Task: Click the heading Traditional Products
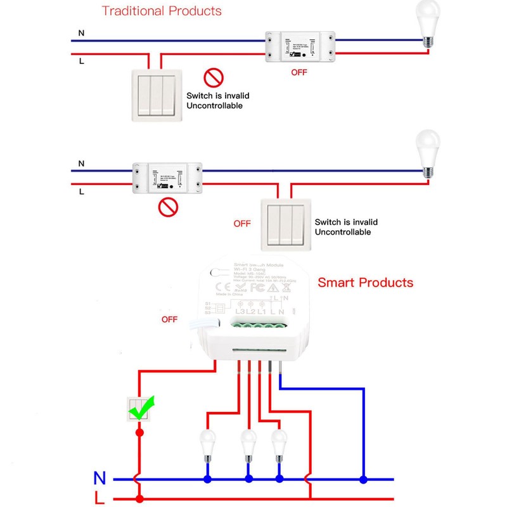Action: [162, 11]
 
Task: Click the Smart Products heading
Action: [365, 283]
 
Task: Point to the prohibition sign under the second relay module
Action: [167, 207]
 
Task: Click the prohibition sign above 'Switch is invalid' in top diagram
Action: [214, 79]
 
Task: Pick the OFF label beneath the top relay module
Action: [298, 72]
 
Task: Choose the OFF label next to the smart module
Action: [169, 319]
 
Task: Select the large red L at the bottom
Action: [99, 498]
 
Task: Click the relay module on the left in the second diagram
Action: [167, 177]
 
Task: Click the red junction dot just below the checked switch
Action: [139, 432]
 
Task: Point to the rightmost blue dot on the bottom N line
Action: [363, 479]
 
